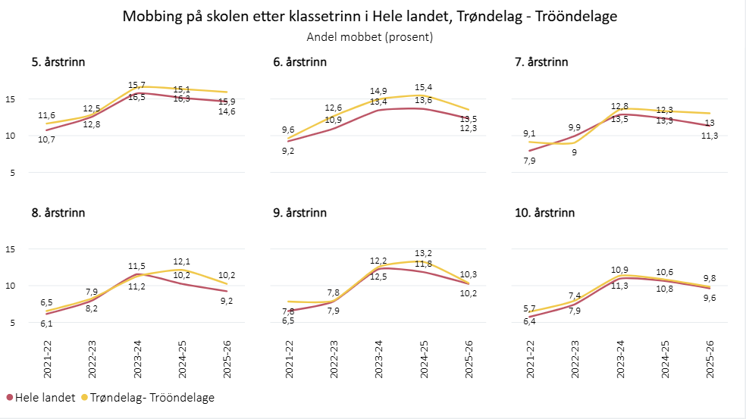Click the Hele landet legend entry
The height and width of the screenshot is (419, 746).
(x=41, y=397)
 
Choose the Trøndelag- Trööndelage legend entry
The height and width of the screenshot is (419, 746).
(x=147, y=397)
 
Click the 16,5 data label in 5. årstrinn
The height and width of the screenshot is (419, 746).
(x=137, y=97)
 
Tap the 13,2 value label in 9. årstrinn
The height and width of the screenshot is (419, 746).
(x=424, y=253)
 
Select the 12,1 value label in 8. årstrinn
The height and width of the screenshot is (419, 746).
(x=182, y=261)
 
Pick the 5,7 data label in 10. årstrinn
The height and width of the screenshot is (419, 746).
(x=528, y=308)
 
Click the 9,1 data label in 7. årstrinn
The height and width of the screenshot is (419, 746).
(x=530, y=134)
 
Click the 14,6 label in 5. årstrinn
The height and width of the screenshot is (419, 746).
(x=227, y=111)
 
